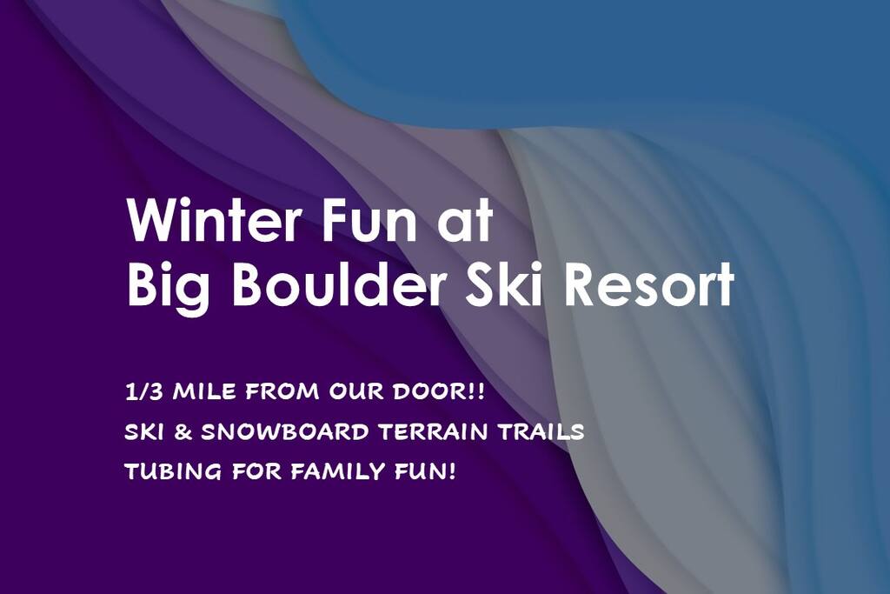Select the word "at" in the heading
point(465,222)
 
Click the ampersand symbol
point(183,432)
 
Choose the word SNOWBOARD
point(285,432)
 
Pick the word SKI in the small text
point(144,432)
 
